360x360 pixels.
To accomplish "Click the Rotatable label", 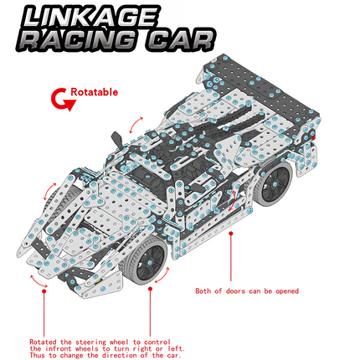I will (94, 92).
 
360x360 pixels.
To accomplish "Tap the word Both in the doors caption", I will (204, 291).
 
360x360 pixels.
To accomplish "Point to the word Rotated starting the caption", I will (43, 342).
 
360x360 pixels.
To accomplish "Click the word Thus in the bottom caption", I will (38, 355).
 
